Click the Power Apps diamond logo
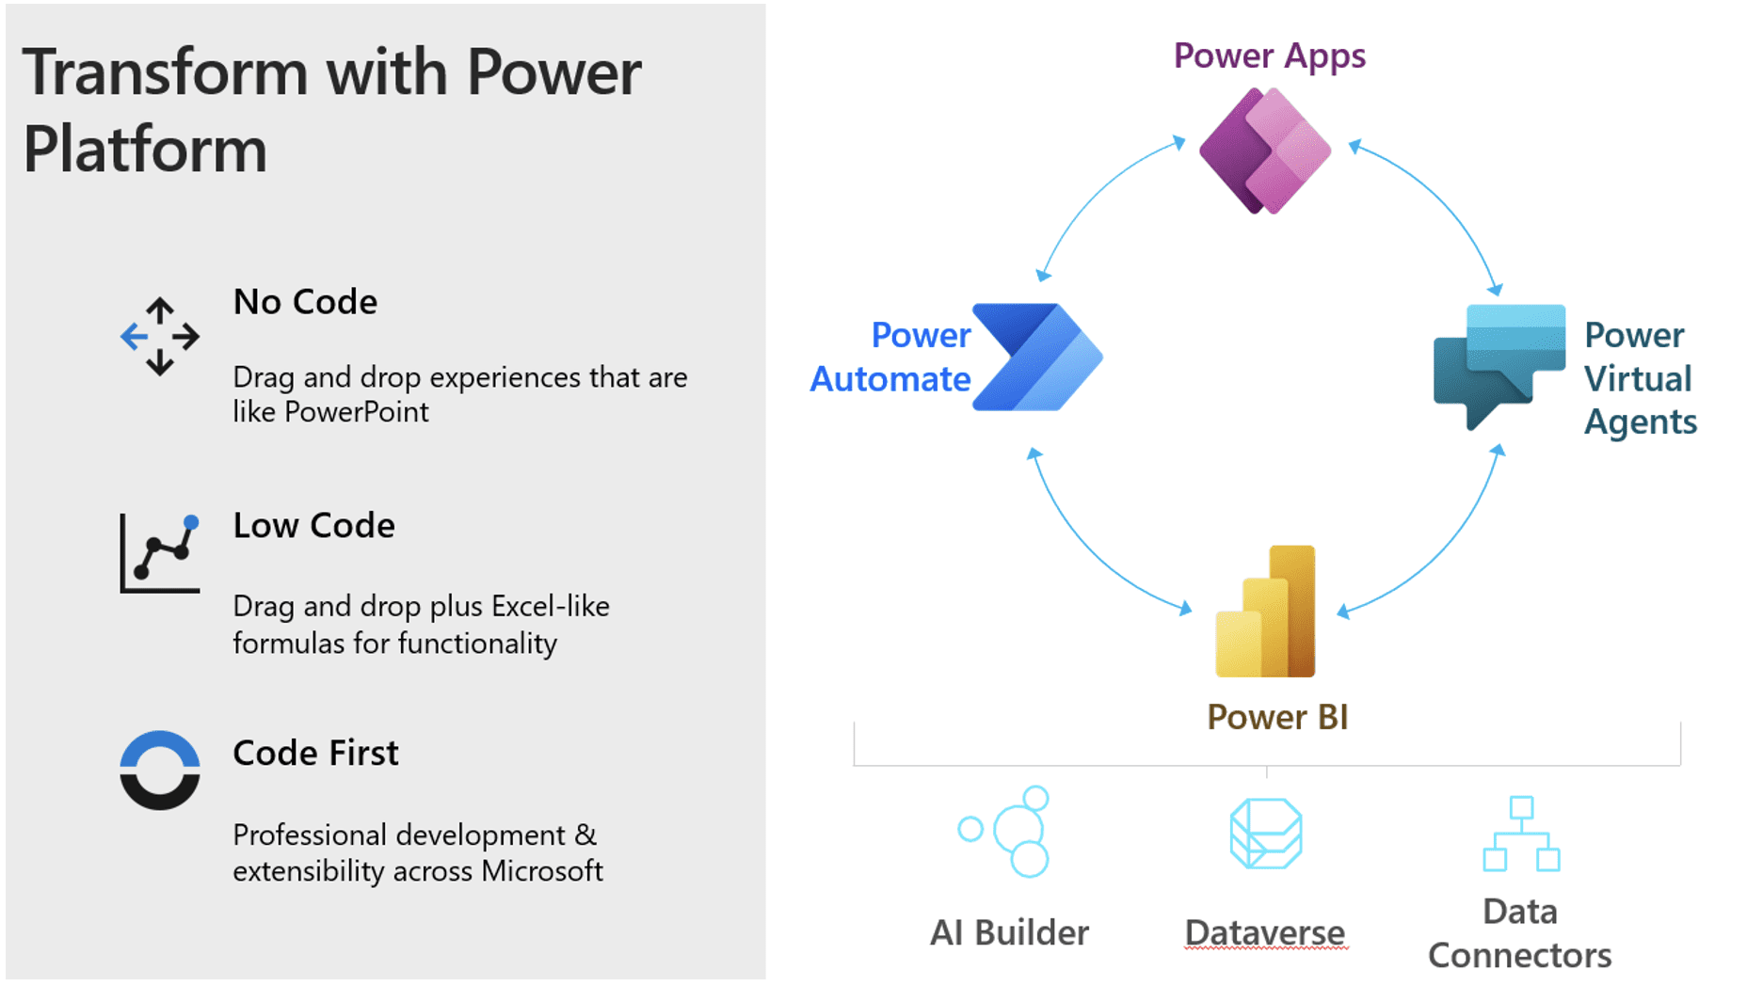pyautogui.click(x=1265, y=151)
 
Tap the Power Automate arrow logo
pyautogui.click(x=1037, y=357)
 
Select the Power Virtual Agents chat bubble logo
pyautogui.click(x=1499, y=362)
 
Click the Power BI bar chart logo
pyautogui.click(x=1266, y=612)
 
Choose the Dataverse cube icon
pyautogui.click(x=1266, y=834)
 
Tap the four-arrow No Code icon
pyautogui.click(x=160, y=336)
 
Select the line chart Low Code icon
pyautogui.click(x=160, y=553)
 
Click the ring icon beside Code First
pyautogui.click(x=160, y=771)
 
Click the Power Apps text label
pyautogui.click(x=1269, y=56)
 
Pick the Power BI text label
pyautogui.click(x=1277, y=718)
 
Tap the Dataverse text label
pyautogui.click(x=1265, y=933)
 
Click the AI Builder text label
pyautogui.click(x=1009, y=933)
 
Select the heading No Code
pyautogui.click(x=305, y=302)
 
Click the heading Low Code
pyautogui.click(x=313, y=526)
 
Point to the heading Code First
pyautogui.click(x=315, y=754)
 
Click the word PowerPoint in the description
pyautogui.click(x=357, y=412)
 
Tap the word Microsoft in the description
pyautogui.click(x=542, y=871)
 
